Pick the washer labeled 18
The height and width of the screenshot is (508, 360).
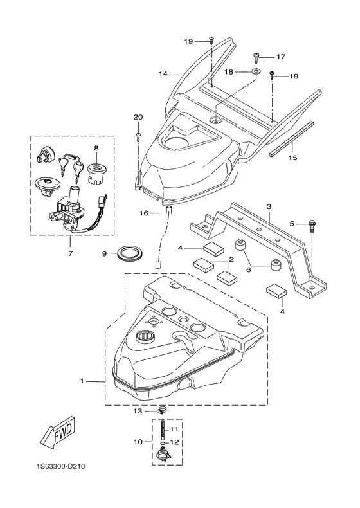coord(256,72)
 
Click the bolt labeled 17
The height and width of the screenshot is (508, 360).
coord(256,57)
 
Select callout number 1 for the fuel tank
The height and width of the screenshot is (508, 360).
coord(82,381)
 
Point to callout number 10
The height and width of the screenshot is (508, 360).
coord(138,442)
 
